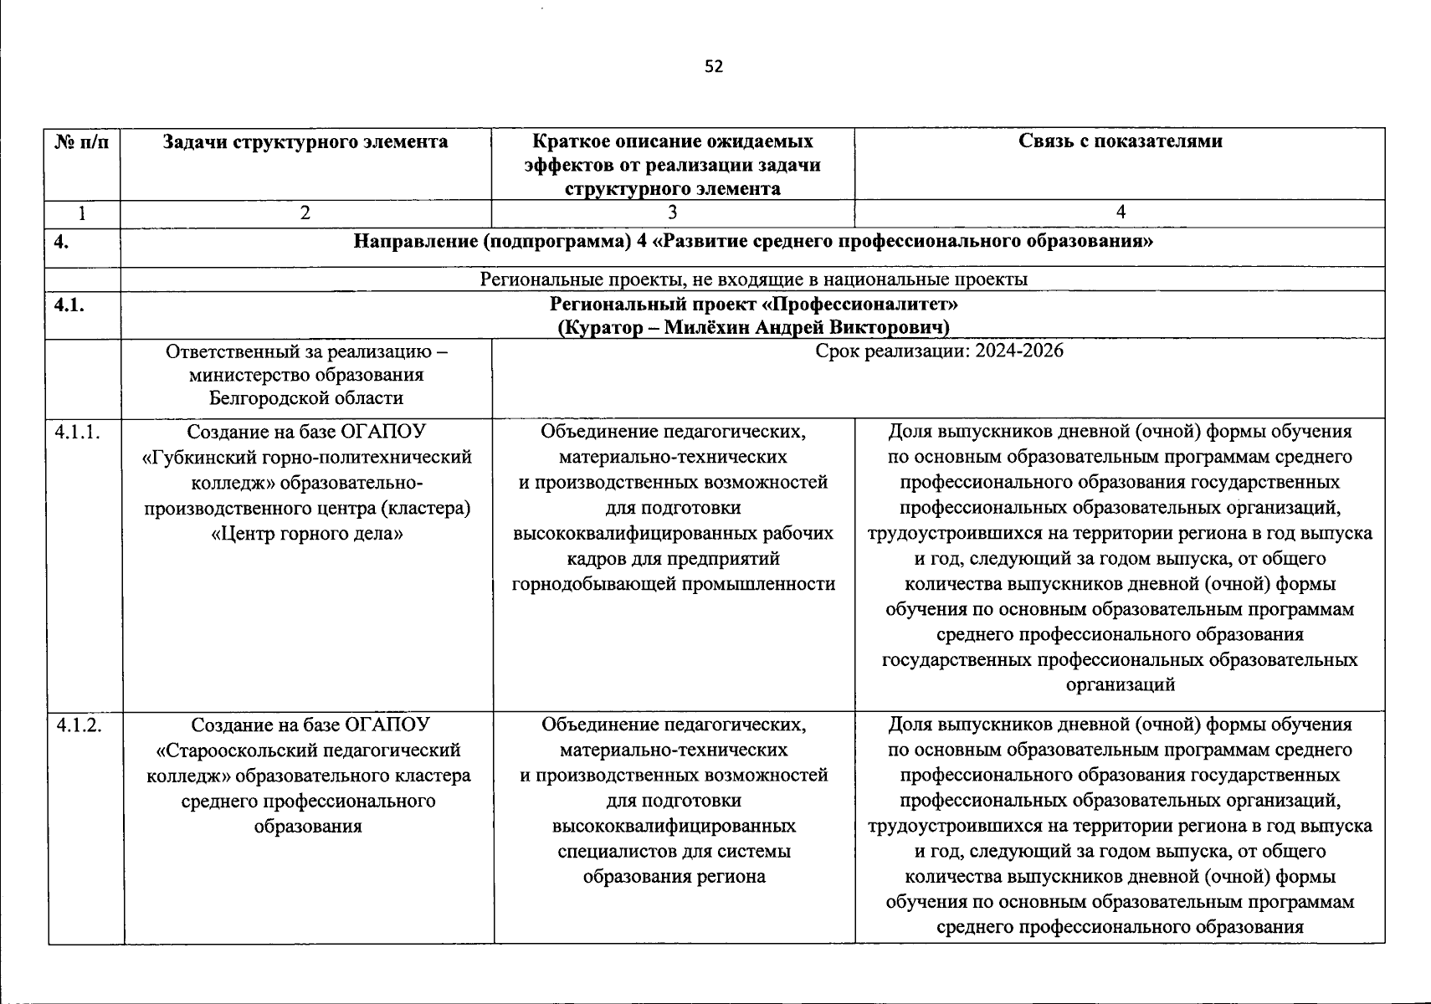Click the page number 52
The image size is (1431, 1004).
pos(714,67)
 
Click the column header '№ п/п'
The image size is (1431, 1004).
pos(82,142)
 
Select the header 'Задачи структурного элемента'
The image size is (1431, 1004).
pos(305,142)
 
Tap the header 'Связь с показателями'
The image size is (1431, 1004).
pos(1120,141)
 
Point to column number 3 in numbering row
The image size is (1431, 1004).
pos(673,213)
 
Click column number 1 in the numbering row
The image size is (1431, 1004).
pos(82,213)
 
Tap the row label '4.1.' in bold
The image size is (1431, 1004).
pos(69,305)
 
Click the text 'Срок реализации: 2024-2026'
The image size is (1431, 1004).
pos(939,351)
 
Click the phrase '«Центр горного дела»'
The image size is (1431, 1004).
pos(306,533)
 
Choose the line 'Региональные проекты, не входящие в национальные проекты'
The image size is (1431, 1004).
pos(753,279)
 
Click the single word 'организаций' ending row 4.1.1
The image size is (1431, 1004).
pos(1120,685)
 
